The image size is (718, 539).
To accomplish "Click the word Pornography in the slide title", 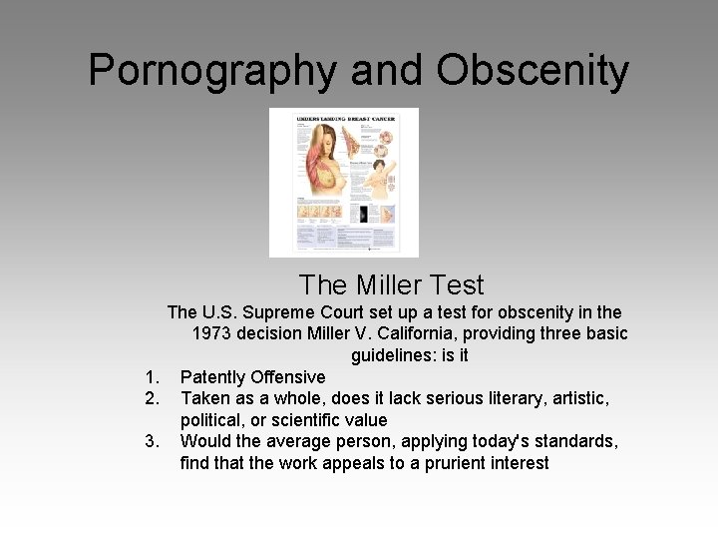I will (209, 71).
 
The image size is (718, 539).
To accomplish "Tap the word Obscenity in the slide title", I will (533, 71).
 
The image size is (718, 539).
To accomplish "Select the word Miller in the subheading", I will (392, 285).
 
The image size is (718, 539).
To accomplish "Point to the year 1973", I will (213, 333).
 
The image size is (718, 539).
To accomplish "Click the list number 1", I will (152, 377).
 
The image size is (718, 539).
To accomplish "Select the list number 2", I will (152, 399).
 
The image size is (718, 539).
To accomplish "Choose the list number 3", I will (152, 441).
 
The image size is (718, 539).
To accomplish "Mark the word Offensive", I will (289, 377).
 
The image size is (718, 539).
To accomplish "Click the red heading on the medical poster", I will (344, 119).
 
